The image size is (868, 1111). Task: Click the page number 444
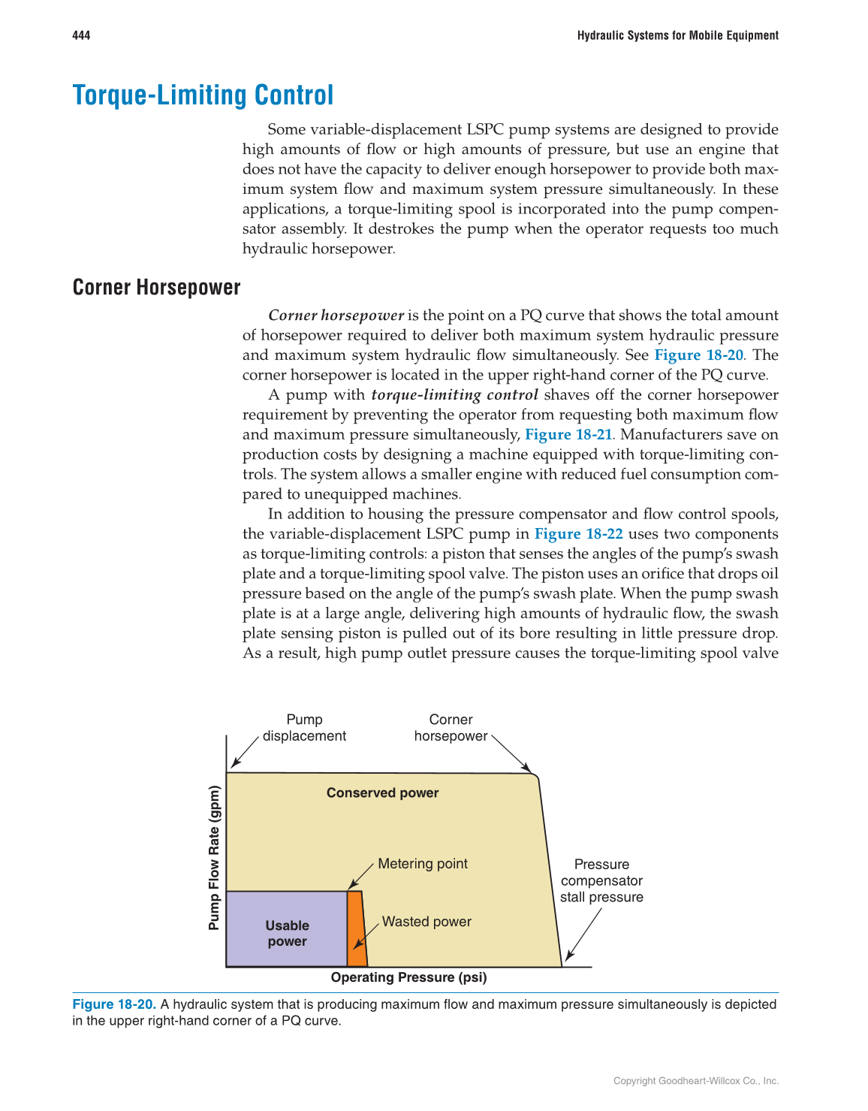point(81,35)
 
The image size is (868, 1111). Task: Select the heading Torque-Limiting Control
point(203,95)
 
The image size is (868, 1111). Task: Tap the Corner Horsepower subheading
point(156,288)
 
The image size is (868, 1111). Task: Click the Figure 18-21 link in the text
point(568,434)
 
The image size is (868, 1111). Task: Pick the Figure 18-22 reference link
point(578,533)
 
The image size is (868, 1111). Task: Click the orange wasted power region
point(357,928)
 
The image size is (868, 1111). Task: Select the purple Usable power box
point(286,929)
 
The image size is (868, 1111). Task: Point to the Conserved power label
point(382,792)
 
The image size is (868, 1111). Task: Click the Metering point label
point(422,864)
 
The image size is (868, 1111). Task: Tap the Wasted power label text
point(426,922)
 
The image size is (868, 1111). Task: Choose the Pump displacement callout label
point(304,728)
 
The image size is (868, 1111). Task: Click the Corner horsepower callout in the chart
point(451,728)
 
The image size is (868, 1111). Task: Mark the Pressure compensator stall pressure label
point(601,880)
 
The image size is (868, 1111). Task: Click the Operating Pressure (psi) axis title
point(408,977)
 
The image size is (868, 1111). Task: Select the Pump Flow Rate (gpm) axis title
point(215,858)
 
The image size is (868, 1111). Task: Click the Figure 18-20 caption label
point(114,1004)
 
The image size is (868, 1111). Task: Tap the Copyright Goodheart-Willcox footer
point(695,1081)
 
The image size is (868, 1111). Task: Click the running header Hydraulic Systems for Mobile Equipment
point(677,35)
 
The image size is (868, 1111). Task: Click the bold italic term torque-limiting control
point(454,395)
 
